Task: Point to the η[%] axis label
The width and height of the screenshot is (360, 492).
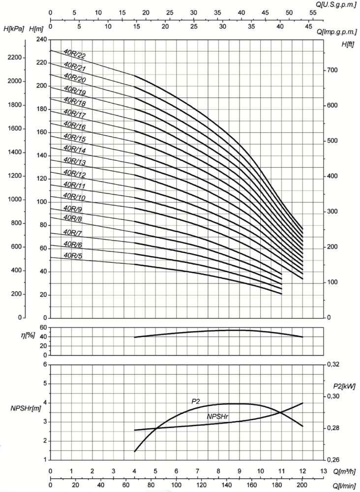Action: coord(16,337)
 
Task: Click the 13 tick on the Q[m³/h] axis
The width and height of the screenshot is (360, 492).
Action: coord(323,471)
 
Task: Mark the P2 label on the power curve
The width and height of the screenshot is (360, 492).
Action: coord(196,401)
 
